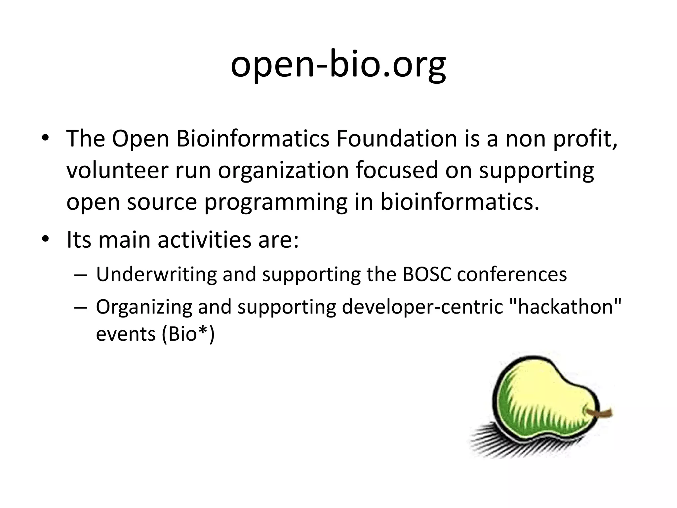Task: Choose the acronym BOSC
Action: point(427,274)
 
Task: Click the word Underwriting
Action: point(156,274)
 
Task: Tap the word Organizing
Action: point(144,307)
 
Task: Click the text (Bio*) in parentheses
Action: point(188,334)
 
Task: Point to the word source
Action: point(162,202)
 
